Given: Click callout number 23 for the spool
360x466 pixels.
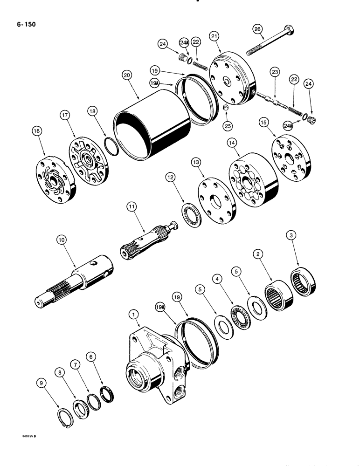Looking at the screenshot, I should pyautogui.click(x=275, y=72).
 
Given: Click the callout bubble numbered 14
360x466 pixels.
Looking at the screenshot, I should pyautogui.click(x=232, y=141).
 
